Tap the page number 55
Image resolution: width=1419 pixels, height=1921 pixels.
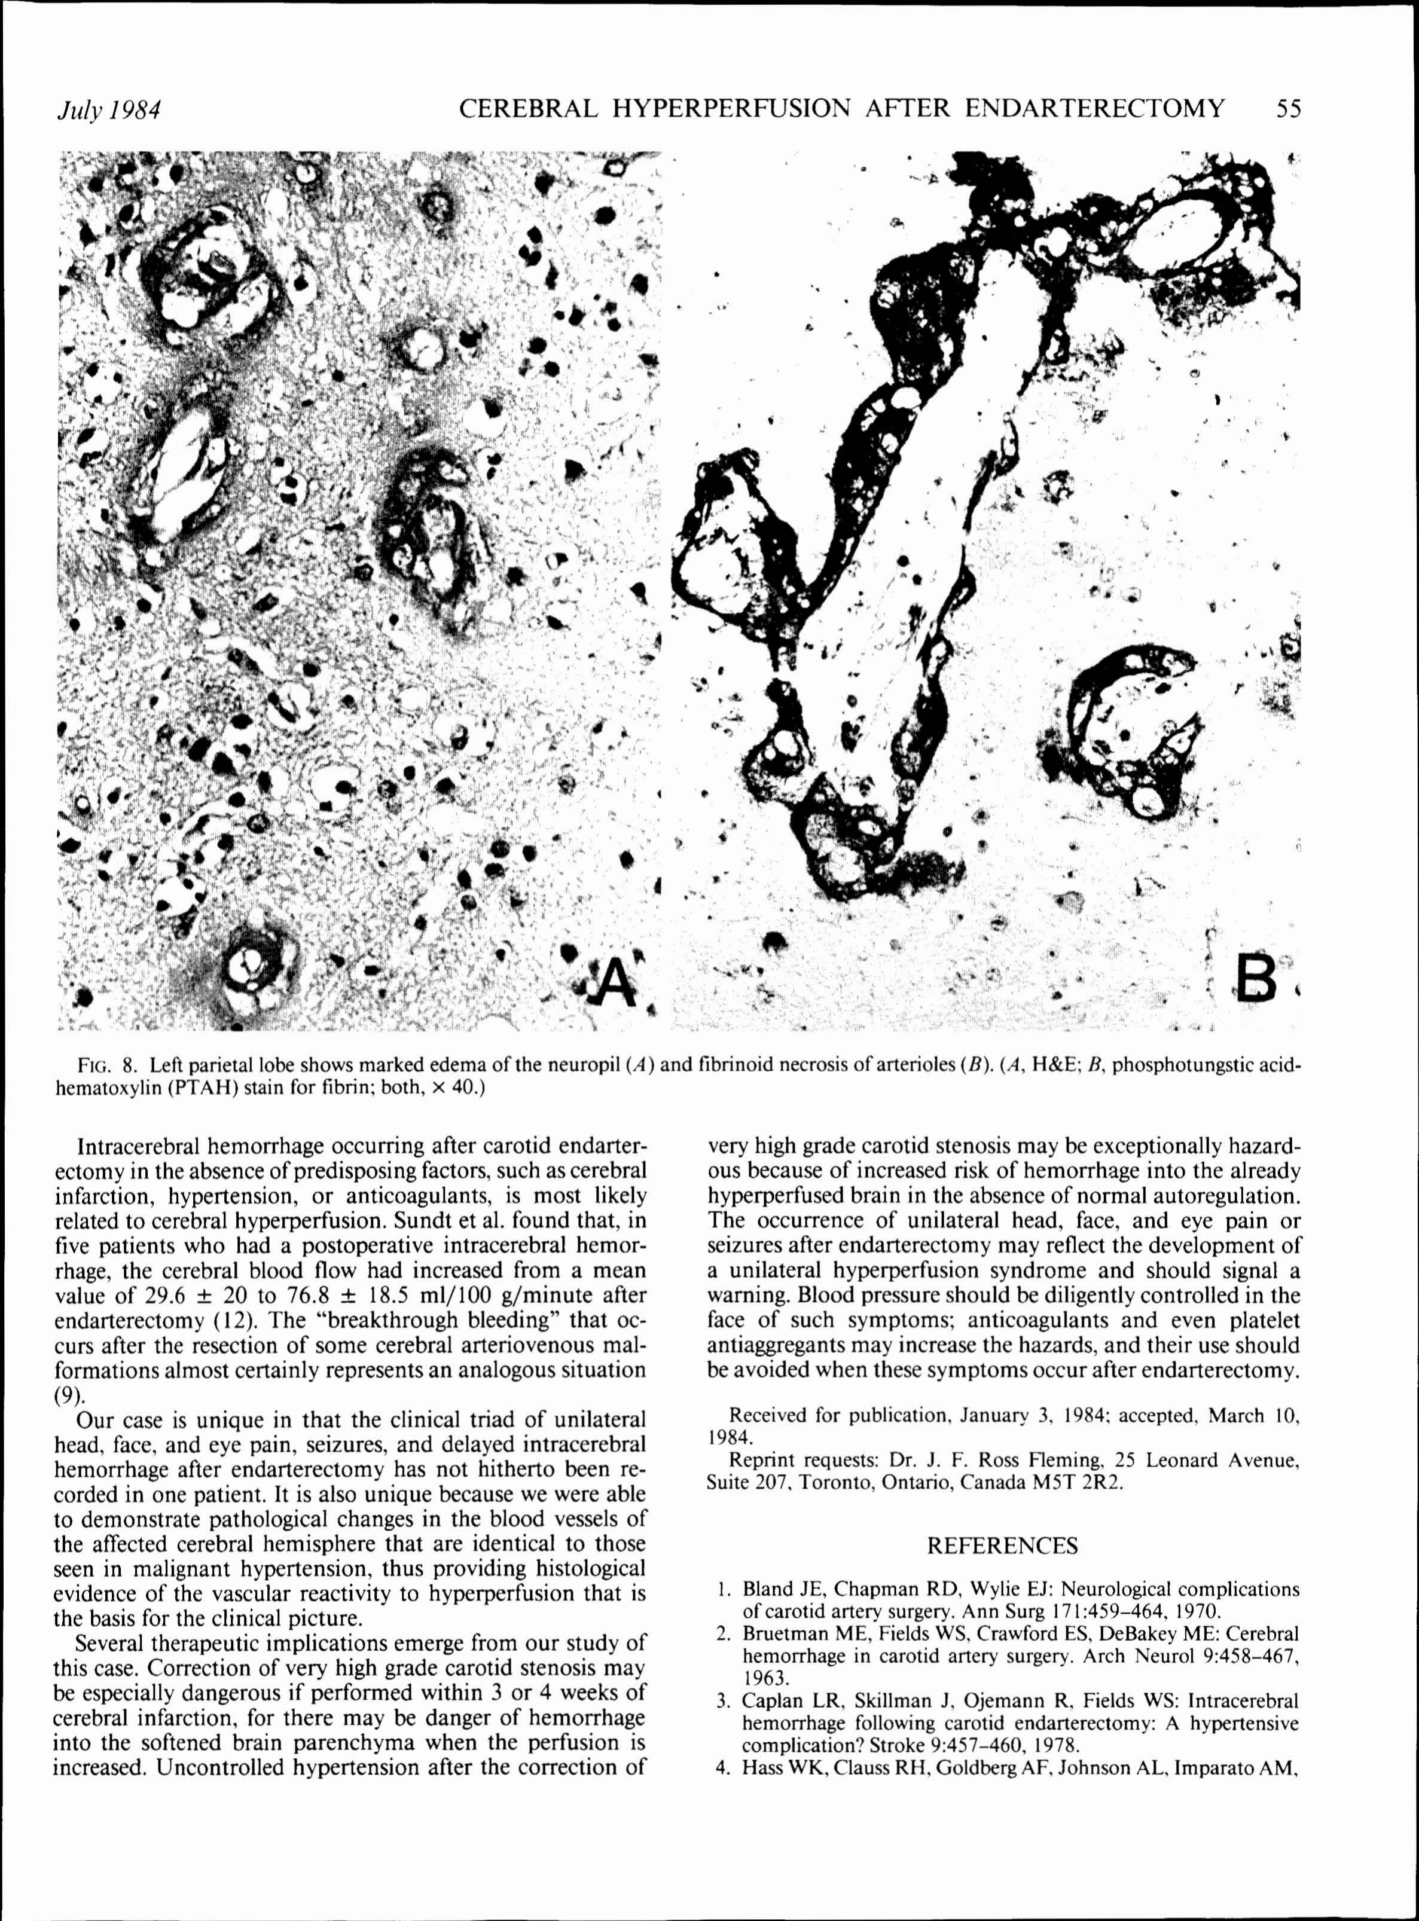[1289, 109]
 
